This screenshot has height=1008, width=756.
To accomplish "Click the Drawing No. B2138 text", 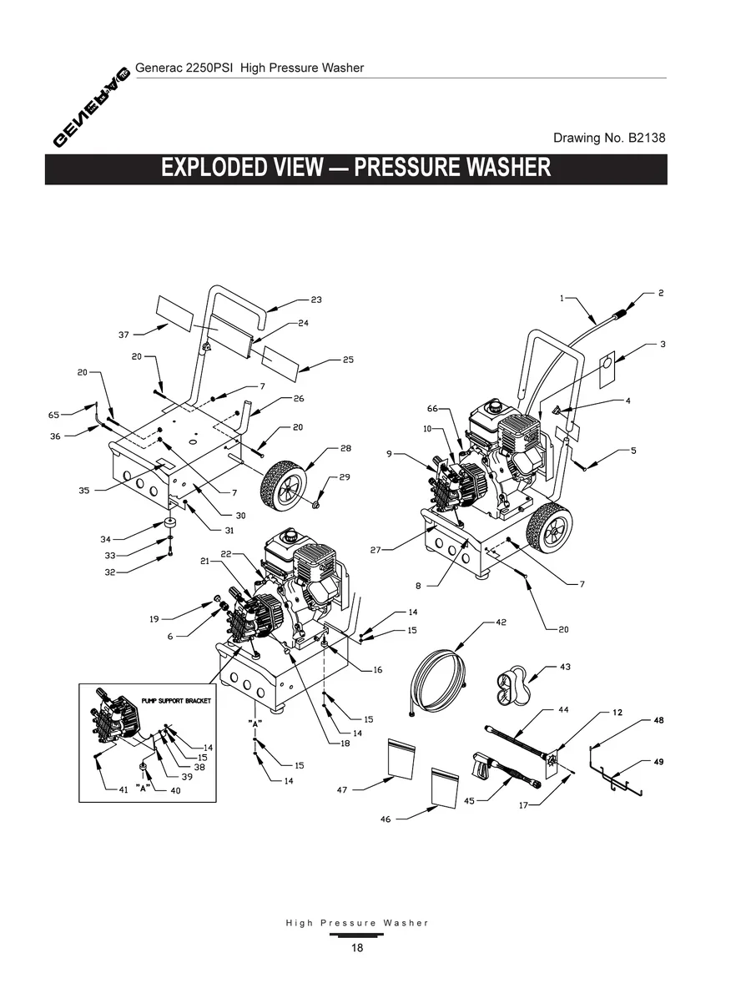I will coord(609,138).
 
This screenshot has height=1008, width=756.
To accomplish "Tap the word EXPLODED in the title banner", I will coord(213,167).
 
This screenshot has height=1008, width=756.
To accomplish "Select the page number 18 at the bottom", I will coord(357,948).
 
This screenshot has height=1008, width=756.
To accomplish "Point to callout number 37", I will coord(123,335).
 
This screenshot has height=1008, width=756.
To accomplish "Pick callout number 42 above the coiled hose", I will coord(501,622).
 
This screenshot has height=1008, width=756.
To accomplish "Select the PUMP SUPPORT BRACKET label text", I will coord(175,701).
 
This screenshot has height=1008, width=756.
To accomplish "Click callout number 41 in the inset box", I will coord(122,789).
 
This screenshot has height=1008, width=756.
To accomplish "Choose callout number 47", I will coord(342,789).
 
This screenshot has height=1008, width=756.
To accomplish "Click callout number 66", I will coord(432,408).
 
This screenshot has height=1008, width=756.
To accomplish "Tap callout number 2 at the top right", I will coord(661,293).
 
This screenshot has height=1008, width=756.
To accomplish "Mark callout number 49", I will coord(659,762).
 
